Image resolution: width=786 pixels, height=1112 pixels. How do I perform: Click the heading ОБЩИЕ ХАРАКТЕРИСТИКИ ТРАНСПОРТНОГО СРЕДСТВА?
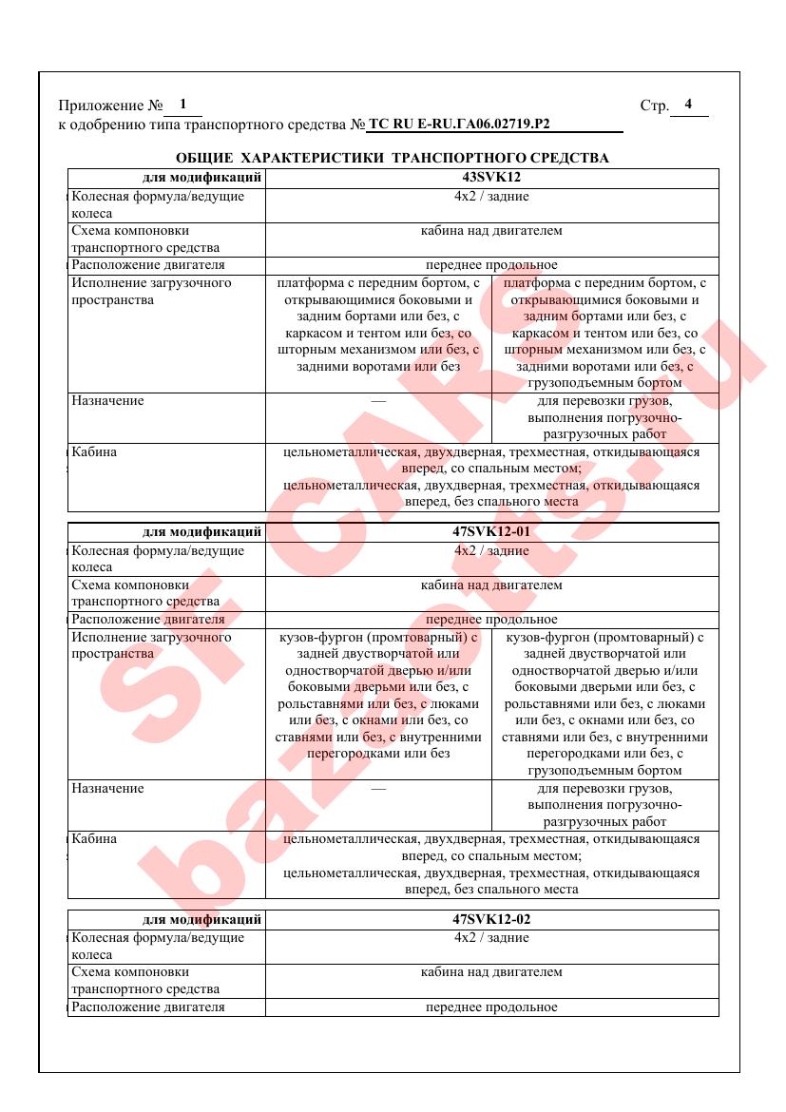click(x=393, y=157)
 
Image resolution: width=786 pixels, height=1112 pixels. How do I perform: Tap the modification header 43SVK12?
click(x=490, y=177)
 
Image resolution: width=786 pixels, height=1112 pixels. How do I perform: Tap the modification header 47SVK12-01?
click(x=490, y=532)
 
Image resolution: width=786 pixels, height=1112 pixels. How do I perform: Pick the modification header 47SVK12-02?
click(x=490, y=919)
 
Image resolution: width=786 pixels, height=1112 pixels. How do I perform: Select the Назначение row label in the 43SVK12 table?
click(x=108, y=400)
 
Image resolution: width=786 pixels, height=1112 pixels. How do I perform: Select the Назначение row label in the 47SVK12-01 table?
click(x=108, y=788)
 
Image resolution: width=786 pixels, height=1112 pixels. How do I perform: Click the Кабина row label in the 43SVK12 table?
click(x=94, y=451)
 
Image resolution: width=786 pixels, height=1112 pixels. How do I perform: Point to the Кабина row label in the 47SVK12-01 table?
click(x=94, y=839)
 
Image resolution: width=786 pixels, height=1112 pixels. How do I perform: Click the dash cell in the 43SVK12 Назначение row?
click(x=378, y=401)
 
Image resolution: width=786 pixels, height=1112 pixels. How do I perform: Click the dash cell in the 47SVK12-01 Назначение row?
click(x=378, y=789)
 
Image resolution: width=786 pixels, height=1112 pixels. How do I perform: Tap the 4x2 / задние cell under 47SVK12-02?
click(x=490, y=938)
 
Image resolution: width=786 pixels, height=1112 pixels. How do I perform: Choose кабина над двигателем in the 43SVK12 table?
click(x=490, y=230)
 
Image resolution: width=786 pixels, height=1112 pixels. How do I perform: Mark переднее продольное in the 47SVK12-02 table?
click(x=490, y=1007)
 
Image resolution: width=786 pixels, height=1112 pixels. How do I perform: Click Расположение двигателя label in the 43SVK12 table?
click(x=148, y=264)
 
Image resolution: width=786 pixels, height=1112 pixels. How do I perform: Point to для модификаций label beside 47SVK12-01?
click(x=201, y=532)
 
